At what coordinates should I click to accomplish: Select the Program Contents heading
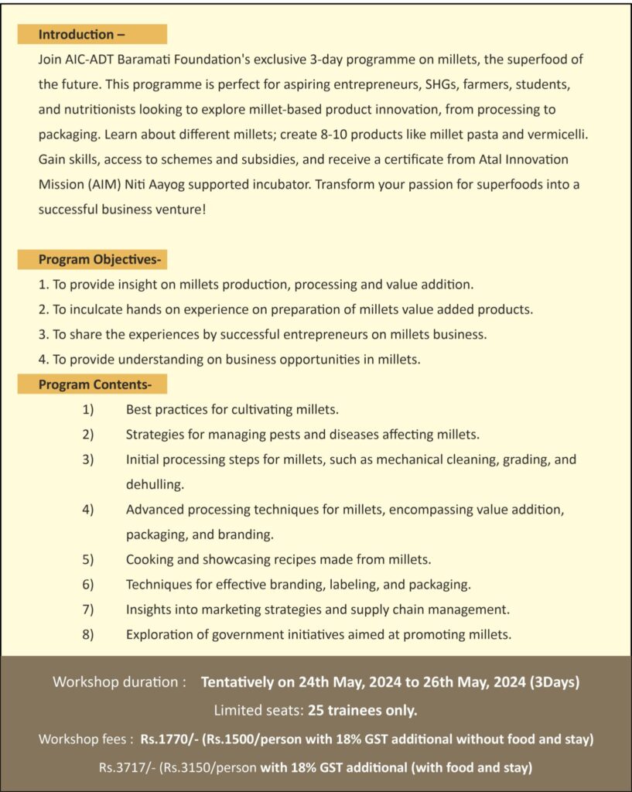tap(95, 384)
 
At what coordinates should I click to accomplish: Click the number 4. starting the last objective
tap(43, 359)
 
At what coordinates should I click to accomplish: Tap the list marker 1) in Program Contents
tap(87, 409)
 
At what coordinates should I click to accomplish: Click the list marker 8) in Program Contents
tap(87, 635)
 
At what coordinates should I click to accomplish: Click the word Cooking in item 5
tap(149, 559)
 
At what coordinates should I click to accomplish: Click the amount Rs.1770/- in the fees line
tap(169, 739)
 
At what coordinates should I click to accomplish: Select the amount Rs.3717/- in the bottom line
tap(127, 768)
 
